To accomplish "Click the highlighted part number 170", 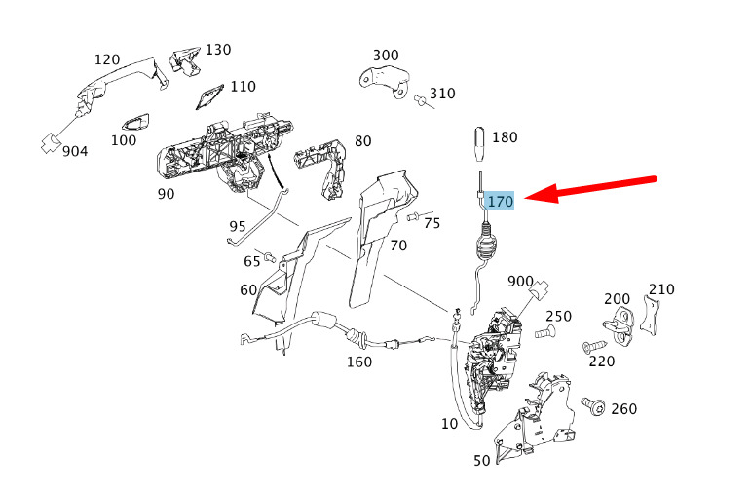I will coord(501,202).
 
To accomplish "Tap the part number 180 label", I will coord(505,137).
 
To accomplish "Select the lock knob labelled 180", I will coord(480,146).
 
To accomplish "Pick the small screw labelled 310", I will coord(421,99).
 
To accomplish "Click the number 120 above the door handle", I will coord(107,59).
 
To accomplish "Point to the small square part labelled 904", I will coord(48,141).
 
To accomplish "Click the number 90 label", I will coord(166,193).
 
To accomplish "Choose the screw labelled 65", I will coord(273,258).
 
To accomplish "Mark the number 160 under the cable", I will coord(358,362).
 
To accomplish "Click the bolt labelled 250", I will coord(544,333).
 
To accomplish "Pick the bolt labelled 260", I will coord(591,404).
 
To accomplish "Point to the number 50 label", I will coord(481,460).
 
